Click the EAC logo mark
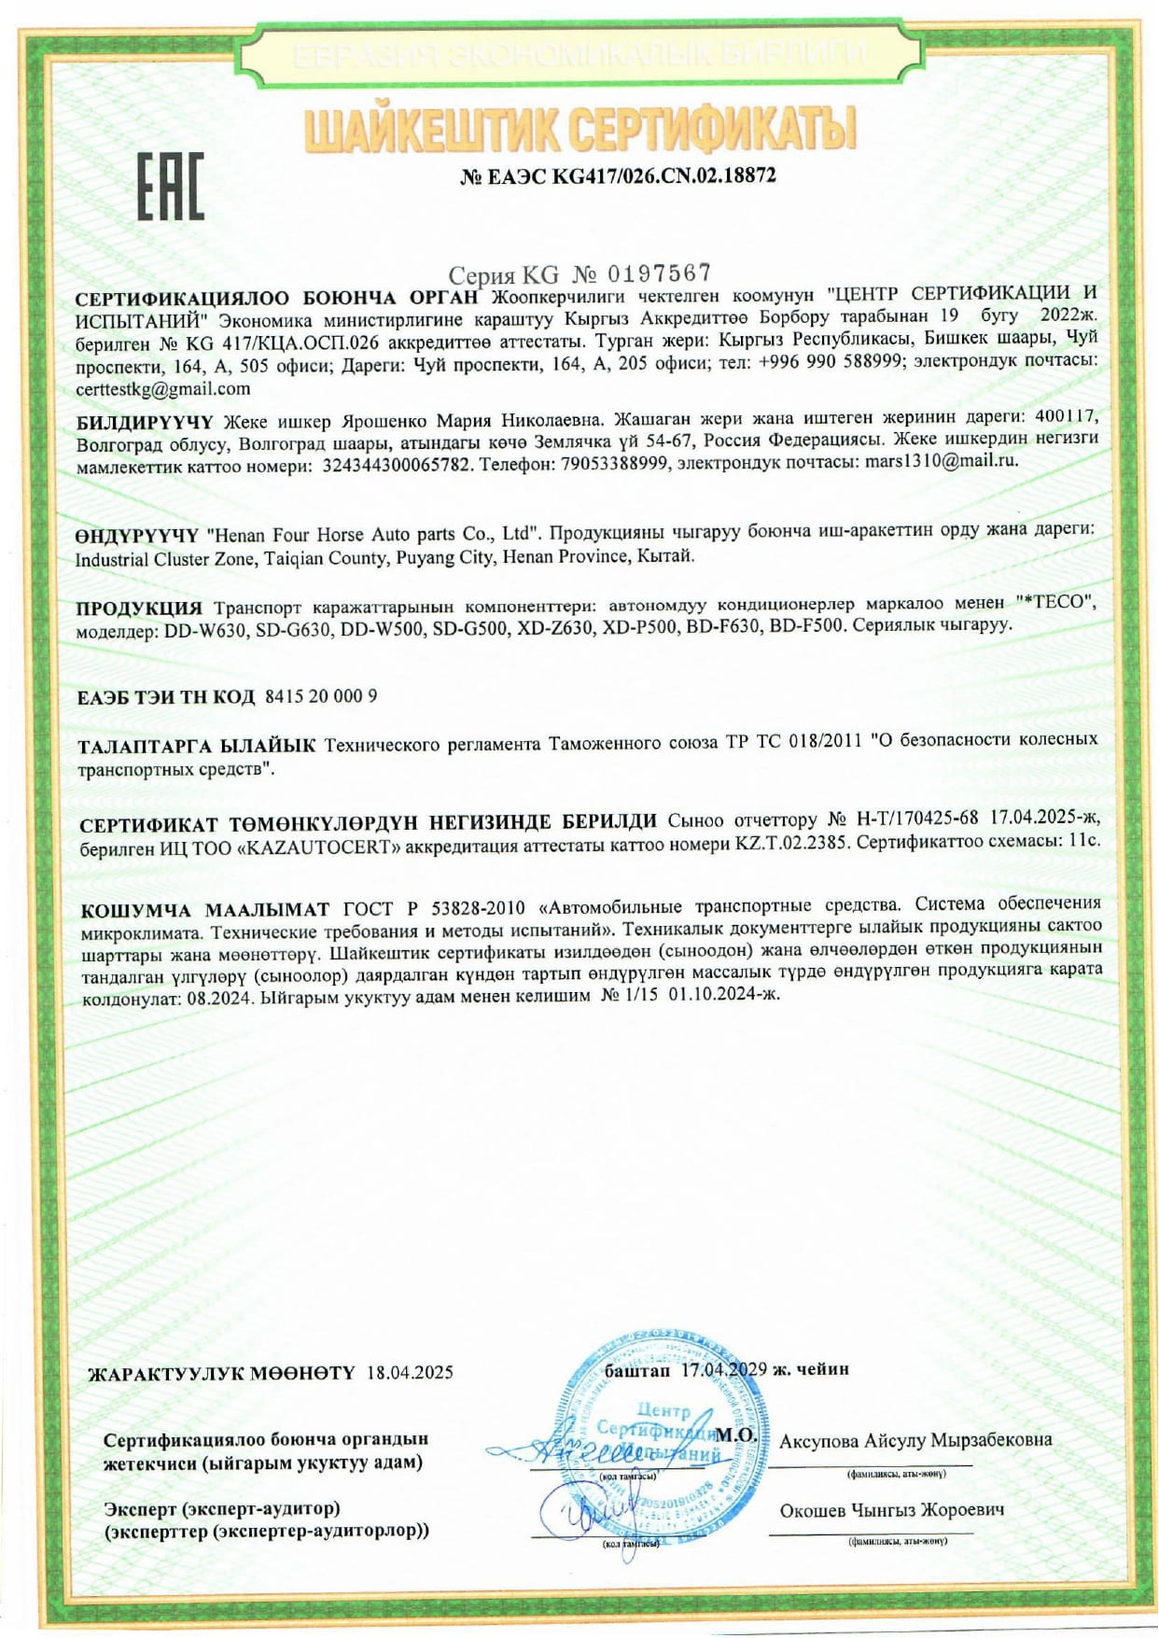click(170, 186)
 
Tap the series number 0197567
click(660, 273)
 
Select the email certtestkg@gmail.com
click(162, 388)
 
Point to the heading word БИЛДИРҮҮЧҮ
click(145, 422)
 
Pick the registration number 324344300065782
click(396, 464)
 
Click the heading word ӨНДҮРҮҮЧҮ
click(137, 536)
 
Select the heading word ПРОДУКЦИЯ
click(139, 609)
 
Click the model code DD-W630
click(205, 631)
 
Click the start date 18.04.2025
click(410, 1372)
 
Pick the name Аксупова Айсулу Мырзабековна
click(915, 1440)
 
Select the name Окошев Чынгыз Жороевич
click(891, 1510)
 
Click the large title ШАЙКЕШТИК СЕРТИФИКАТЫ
click(580, 130)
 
